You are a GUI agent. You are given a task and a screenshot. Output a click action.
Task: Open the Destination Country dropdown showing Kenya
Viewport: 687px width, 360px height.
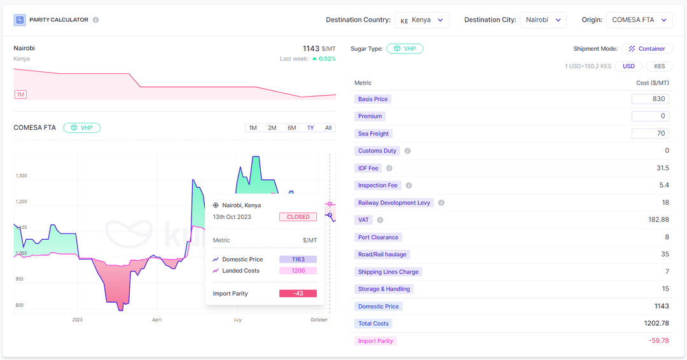[x=422, y=20]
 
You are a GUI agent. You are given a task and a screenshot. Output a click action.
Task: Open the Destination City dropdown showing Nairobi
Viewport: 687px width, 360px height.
[x=543, y=20]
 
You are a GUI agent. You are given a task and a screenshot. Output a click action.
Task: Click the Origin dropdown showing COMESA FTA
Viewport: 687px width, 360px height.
[x=639, y=20]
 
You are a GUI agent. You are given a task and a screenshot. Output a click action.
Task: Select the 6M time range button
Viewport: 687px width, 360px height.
[x=292, y=128]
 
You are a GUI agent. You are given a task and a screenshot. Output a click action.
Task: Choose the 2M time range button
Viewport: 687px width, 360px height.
[x=272, y=128]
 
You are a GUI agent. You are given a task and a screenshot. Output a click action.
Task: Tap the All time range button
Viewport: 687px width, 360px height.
[x=328, y=128]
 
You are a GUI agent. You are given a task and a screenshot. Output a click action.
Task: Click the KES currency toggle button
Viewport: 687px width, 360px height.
[x=660, y=66]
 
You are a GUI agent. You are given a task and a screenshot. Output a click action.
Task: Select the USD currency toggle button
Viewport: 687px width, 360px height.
[x=628, y=66]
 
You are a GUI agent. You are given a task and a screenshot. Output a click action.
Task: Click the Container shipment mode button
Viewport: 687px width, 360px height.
[x=647, y=48]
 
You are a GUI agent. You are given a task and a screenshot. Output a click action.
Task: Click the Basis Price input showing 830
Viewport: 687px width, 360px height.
[x=650, y=99]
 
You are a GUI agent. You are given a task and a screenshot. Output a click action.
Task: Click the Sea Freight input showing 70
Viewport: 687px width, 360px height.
[x=650, y=134]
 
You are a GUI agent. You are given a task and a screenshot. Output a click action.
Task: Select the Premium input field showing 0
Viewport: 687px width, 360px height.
[x=650, y=116]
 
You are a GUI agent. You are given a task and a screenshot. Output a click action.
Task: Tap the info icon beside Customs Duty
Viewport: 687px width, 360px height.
[x=408, y=151]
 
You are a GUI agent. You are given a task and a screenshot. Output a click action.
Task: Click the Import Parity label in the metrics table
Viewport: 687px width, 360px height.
[x=375, y=341]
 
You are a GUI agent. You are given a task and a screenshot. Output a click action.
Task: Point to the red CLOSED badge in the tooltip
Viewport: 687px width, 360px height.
[x=298, y=217]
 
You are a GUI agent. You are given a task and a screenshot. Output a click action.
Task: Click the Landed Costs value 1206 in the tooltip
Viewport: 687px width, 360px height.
[x=298, y=271]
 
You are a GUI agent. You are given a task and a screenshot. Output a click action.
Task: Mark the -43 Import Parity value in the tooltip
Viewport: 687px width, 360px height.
[x=298, y=293]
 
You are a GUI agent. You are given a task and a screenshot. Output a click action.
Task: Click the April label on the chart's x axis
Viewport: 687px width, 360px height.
[x=157, y=320]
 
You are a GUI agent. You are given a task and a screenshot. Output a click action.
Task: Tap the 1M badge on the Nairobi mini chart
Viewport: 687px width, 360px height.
[x=21, y=95]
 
